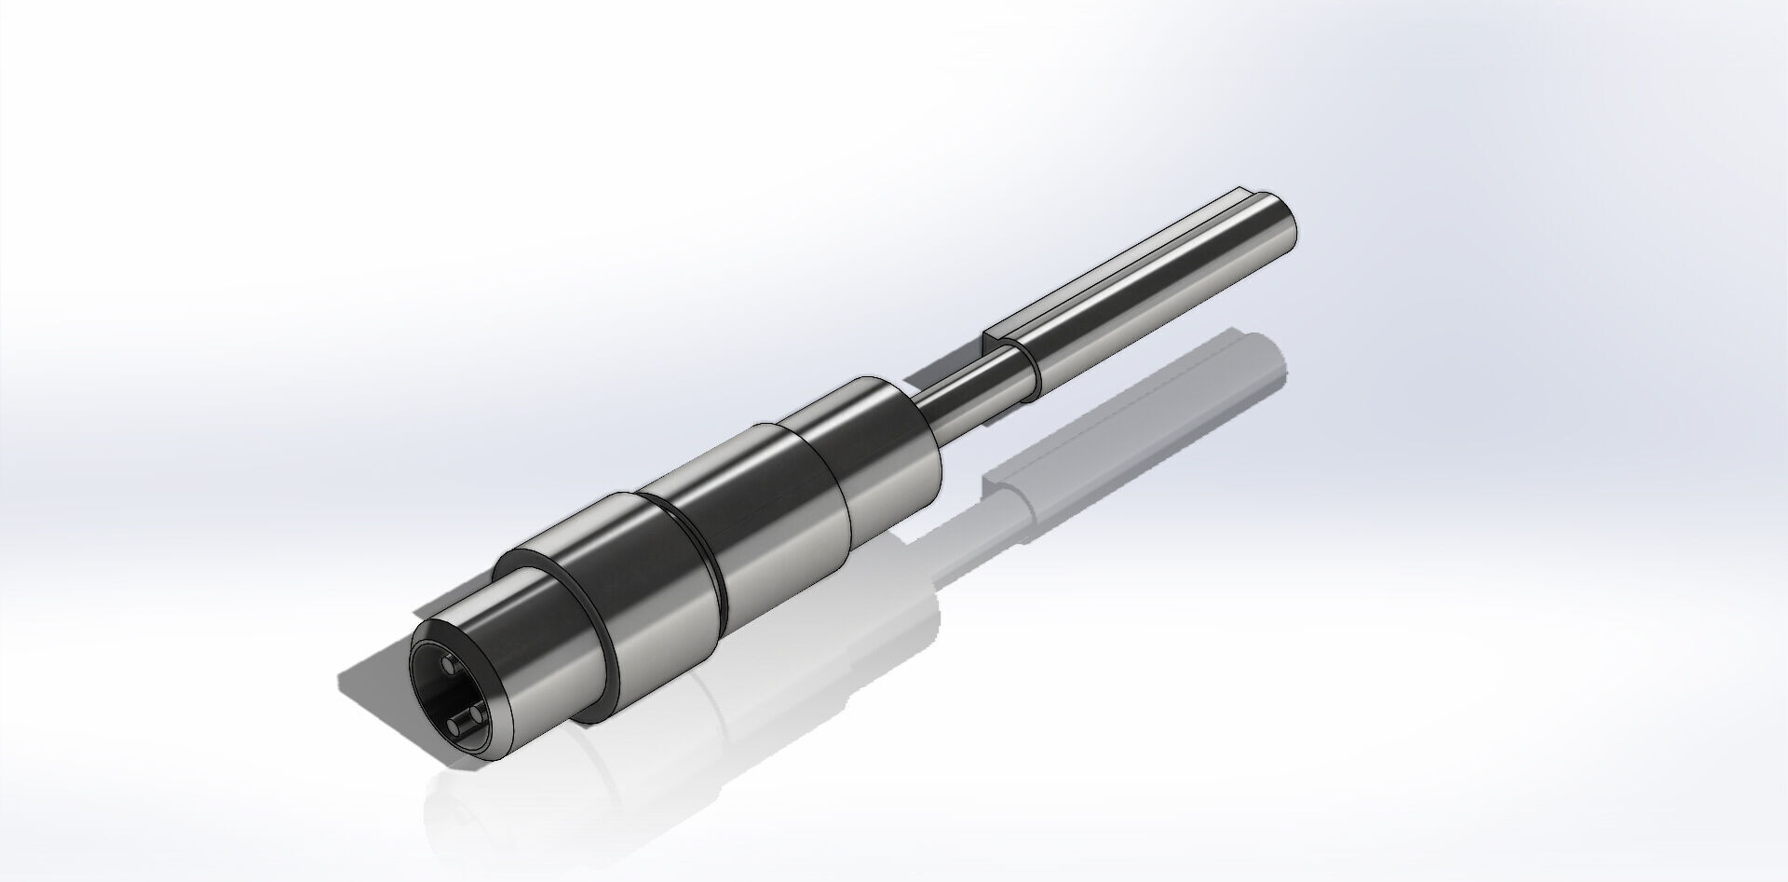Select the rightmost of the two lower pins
tap(477, 714)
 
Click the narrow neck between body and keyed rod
tap(959, 396)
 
